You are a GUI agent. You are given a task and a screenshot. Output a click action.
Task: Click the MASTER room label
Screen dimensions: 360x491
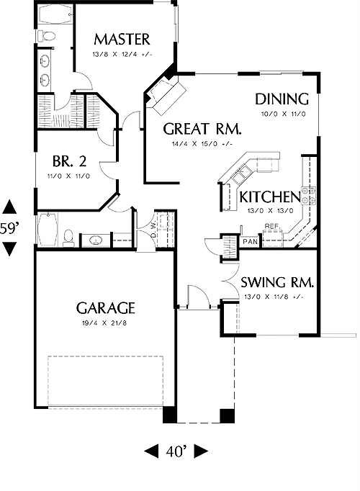122,40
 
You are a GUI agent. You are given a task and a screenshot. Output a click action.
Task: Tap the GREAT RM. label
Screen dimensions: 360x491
202,129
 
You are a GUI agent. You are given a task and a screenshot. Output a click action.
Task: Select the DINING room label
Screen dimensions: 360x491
282,99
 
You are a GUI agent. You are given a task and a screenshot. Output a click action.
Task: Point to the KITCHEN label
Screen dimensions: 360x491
270,197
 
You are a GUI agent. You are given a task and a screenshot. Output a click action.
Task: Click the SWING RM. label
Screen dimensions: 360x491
277,282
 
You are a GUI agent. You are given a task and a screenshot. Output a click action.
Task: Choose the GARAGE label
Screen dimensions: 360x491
106,308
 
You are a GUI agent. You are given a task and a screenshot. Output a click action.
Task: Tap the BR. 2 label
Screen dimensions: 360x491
69,161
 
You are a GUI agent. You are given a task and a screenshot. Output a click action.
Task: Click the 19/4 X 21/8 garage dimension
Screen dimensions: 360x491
104,323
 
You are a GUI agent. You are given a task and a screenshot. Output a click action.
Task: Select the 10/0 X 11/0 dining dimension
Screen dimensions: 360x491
283,114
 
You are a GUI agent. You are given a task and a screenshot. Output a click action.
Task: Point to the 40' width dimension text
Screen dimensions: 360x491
176,451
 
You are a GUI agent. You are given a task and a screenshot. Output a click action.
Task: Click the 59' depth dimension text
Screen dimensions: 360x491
8,229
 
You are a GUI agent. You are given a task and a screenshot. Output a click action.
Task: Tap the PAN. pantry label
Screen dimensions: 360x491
251,241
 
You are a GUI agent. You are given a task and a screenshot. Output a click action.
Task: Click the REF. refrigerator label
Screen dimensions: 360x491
271,226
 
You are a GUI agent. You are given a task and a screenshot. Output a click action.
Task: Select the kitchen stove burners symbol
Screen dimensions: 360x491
308,195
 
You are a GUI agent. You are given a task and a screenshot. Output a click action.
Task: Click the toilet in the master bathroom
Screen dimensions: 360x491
46,35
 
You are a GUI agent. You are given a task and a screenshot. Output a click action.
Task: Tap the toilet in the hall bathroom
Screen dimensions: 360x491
68,238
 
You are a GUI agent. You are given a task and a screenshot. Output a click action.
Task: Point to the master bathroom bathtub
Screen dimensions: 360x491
56,14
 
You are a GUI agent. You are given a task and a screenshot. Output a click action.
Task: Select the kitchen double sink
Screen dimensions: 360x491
241,174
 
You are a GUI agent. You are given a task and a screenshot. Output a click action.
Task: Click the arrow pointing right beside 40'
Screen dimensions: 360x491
201,451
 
